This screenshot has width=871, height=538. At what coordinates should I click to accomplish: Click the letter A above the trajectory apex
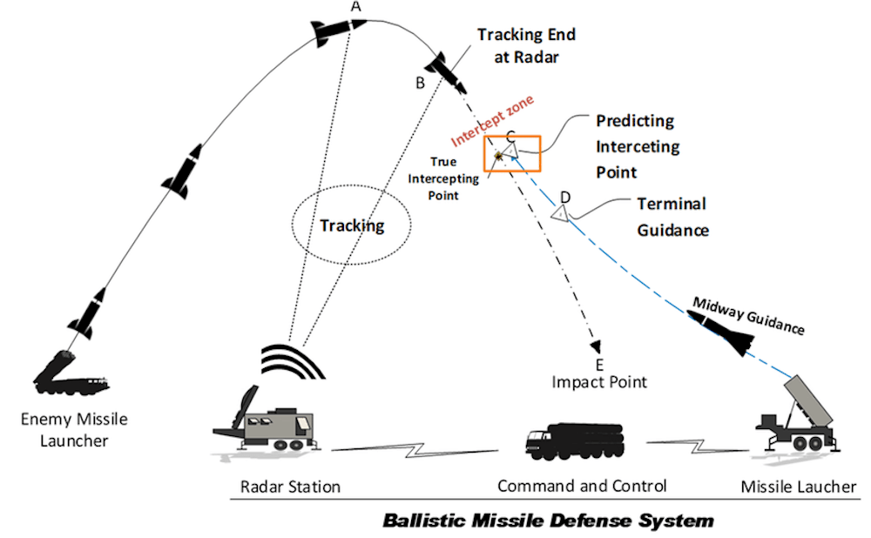[354, 6]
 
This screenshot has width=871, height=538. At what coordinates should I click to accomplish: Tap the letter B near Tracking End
[420, 84]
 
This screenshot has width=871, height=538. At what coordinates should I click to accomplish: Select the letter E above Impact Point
[598, 364]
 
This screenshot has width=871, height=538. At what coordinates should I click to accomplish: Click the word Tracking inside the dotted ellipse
[352, 225]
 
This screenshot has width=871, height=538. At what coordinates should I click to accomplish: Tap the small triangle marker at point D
[563, 211]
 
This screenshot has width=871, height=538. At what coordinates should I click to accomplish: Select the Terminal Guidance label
[672, 217]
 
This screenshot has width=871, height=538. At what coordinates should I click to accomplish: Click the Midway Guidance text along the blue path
[747, 316]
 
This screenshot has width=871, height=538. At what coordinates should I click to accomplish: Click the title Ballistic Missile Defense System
[549, 521]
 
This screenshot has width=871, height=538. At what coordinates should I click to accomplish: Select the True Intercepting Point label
[456, 178]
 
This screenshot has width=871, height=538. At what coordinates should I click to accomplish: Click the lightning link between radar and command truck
[422, 448]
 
